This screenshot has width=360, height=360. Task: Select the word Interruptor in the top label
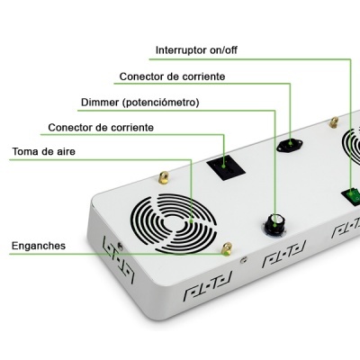[183, 49]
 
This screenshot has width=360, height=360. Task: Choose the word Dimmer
[102, 102]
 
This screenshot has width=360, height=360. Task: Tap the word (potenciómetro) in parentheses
[161, 102]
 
